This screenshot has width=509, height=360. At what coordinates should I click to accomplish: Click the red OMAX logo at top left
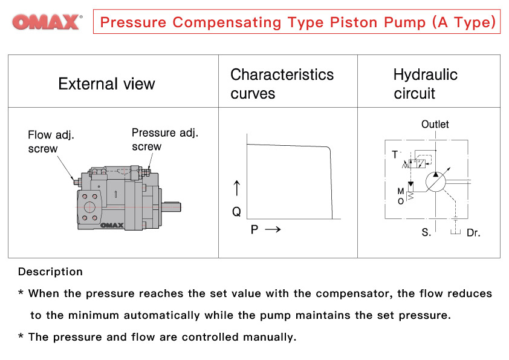pyautogui.click(x=47, y=22)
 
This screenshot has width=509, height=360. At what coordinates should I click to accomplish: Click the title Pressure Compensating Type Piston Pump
pyautogui.click(x=297, y=22)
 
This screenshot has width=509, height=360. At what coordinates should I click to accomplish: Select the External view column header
pyautogui.click(x=106, y=83)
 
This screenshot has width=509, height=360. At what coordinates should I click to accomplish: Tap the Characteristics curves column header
pyautogui.click(x=282, y=83)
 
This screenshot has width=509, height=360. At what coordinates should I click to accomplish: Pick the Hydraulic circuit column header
pyautogui.click(x=425, y=83)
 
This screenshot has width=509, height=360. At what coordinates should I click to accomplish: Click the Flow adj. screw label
pyautogui.click(x=51, y=142)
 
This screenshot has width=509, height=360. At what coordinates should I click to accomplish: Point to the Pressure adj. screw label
pyautogui.click(x=164, y=139)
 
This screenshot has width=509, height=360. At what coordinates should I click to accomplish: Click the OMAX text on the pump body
pyautogui.click(x=111, y=226)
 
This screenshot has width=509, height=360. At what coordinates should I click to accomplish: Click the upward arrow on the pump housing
pyautogui.click(x=115, y=194)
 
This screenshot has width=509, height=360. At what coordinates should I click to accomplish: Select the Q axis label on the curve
pyautogui.click(x=236, y=212)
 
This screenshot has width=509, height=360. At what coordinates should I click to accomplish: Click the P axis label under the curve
pyautogui.click(x=254, y=230)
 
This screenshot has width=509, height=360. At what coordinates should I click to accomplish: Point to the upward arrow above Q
pyautogui.click(x=236, y=187)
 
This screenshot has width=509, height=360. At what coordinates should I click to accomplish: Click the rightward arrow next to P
pyautogui.click(x=273, y=230)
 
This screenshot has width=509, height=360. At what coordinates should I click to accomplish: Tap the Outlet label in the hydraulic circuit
pyautogui.click(x=435, y=124)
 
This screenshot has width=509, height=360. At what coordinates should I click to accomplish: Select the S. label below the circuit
pyautogui.click(x=426, y=232)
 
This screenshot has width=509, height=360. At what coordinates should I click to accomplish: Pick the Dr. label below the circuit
pyautogui.click(x=473, y=232)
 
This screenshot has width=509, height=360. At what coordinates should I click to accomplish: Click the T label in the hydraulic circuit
pyautogui.click(x=395, y=155)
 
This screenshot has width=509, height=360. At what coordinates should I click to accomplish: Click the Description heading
pyautogui.click(x=50, y=272)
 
